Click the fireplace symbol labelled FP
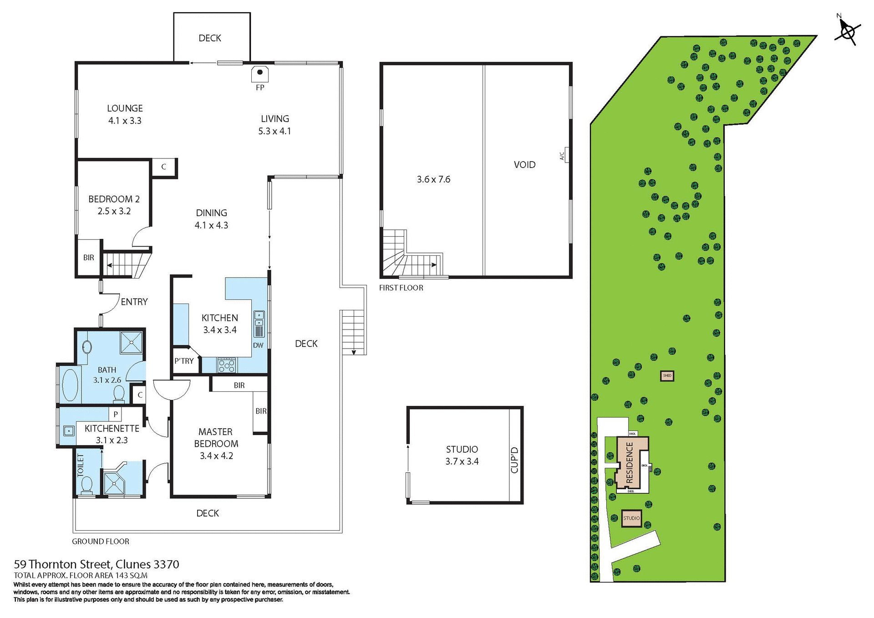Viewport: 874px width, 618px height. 260,73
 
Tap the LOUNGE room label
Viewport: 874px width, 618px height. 125,108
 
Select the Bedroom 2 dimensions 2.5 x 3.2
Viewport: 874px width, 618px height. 114,211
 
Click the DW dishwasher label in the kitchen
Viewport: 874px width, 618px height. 258,345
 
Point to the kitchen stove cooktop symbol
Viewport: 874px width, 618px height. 226,365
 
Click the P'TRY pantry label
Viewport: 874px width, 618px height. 184,361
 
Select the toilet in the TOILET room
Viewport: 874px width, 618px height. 86,485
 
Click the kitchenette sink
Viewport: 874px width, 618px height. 68,430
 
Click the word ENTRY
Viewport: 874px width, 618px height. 134,302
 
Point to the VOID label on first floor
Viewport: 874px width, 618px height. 524,165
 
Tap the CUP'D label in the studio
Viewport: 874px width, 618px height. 514,460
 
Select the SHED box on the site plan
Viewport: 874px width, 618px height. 667,375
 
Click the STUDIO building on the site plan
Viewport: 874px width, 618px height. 631,518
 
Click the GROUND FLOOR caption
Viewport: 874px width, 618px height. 101,541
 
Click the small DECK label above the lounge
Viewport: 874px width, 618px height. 210,38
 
